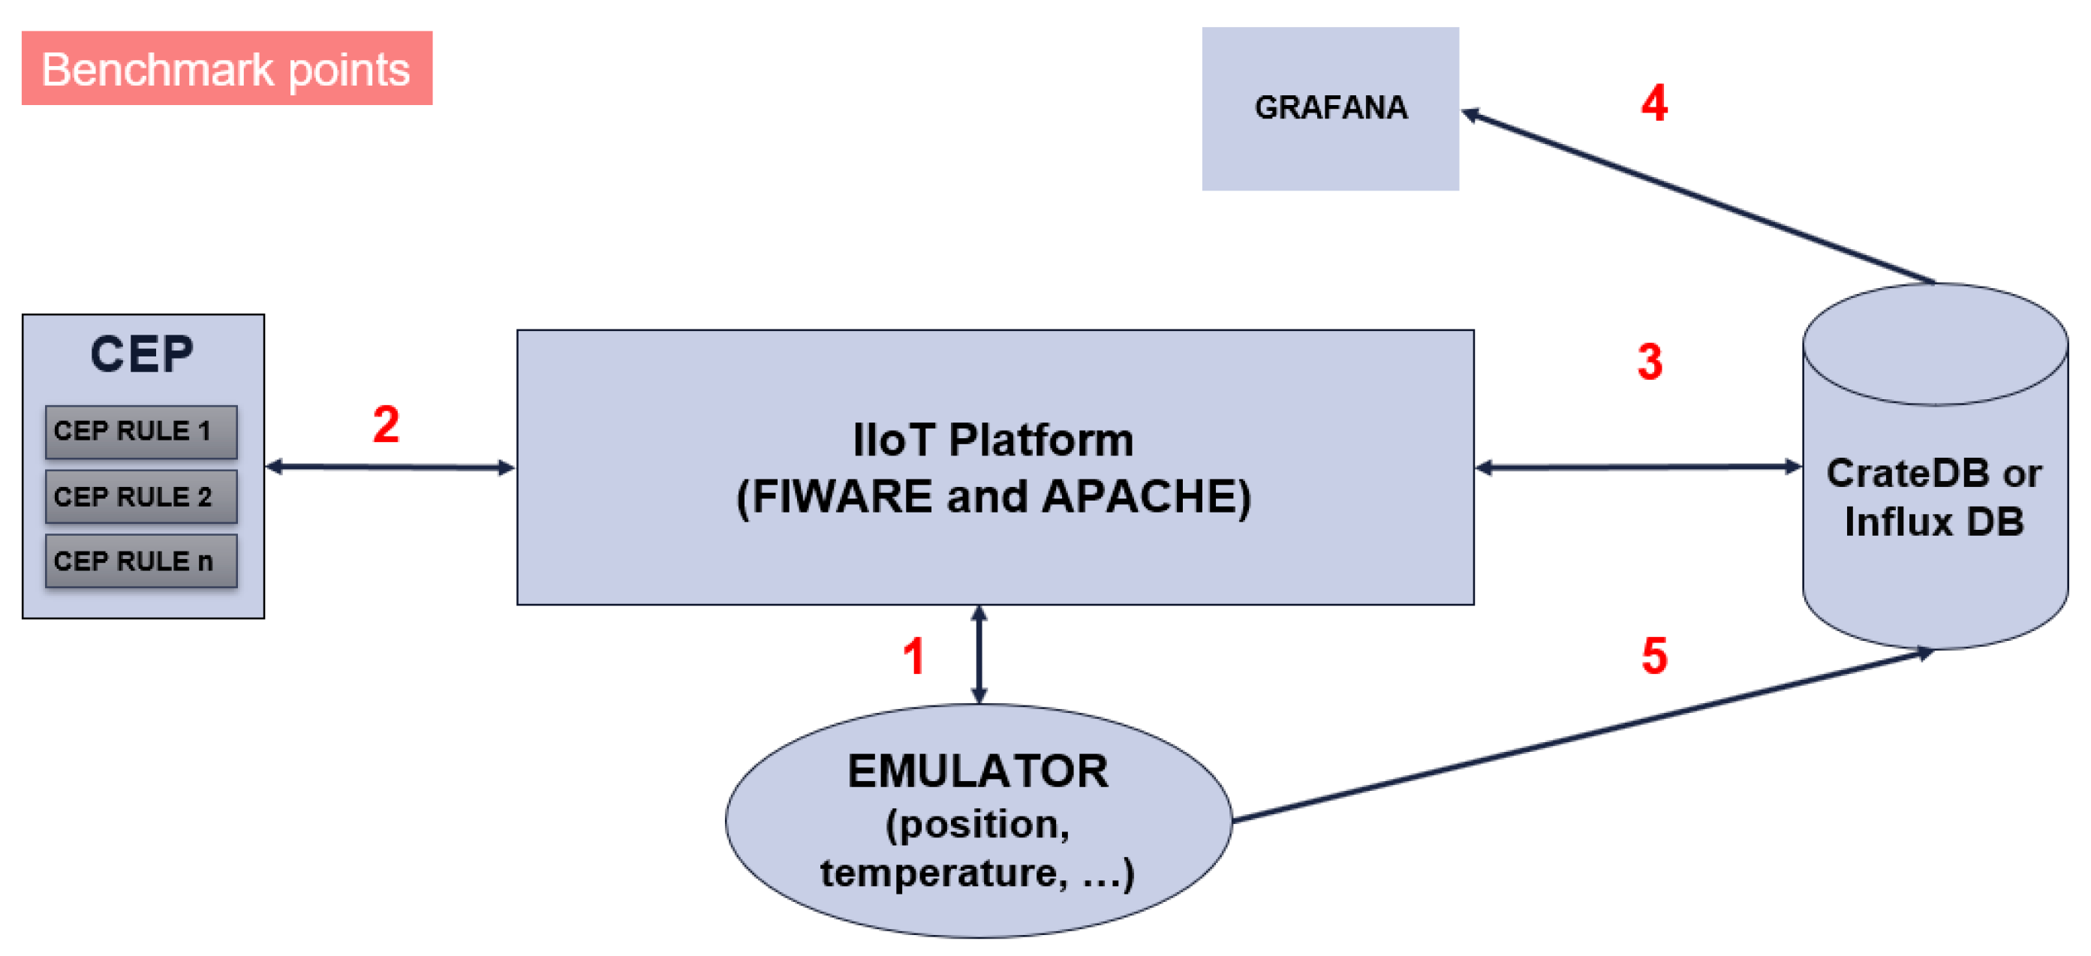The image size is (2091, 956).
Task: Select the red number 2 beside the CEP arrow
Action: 386,425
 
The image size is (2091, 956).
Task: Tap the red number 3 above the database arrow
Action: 1650,362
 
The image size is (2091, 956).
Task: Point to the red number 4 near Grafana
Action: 1653,104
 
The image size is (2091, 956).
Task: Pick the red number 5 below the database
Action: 1653,656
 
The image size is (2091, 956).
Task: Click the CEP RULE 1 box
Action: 141,431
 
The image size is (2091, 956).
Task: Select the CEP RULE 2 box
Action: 141,497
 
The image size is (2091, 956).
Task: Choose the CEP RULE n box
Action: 141,561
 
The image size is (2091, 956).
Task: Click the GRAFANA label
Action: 1331,108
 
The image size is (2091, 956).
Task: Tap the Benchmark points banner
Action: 227,69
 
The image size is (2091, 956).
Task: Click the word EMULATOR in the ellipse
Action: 977,771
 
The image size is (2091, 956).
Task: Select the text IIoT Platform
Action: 993,440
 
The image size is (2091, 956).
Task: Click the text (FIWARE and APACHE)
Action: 993,497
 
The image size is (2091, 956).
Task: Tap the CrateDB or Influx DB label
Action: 1933,497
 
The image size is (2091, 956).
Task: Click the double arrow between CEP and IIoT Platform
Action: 390,467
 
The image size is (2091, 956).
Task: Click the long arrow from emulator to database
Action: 1583,735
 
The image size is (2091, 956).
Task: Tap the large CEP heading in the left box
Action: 142,355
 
